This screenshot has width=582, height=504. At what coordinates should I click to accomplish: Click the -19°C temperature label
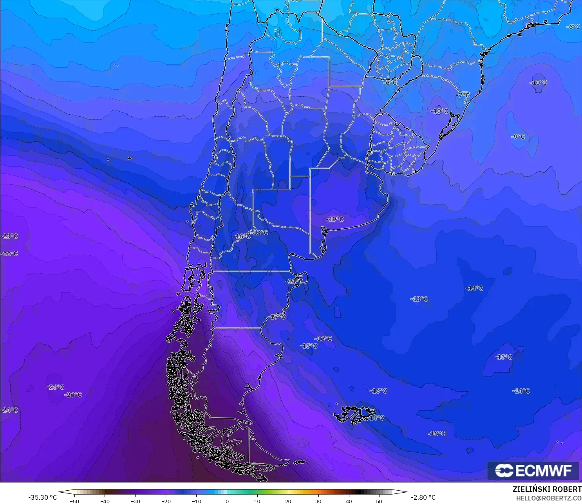click(335, 219)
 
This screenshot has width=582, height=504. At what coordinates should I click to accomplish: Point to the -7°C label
click(463, 95)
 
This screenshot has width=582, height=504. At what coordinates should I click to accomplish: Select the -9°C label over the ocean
click(518, 137)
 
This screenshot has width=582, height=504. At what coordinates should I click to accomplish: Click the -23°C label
click(9, 236)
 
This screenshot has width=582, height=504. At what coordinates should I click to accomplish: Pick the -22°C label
click(9, 253)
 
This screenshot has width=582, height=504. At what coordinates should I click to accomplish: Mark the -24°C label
click(9, 410)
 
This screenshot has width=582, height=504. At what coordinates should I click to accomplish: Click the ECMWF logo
click(533, 470)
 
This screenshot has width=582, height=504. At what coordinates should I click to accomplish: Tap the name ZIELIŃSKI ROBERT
click(547, 490)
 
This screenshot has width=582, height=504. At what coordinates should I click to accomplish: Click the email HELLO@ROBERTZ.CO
click(548, 498)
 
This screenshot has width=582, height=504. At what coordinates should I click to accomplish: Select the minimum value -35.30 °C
click(42, 497)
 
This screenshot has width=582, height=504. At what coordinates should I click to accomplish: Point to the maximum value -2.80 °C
click(423, 497)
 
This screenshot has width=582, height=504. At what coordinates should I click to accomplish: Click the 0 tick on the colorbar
click(227, 501)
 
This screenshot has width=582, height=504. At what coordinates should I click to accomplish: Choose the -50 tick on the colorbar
click(74, 501)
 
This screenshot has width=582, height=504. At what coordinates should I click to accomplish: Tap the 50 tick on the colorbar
click(379, 501)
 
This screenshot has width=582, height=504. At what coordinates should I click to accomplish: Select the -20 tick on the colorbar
click(166, 501)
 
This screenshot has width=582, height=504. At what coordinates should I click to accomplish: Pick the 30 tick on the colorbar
click(318, 501)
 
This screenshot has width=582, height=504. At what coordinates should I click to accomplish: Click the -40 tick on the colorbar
click(105, 501)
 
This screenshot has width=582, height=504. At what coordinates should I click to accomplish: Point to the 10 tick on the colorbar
click(257, 501)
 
